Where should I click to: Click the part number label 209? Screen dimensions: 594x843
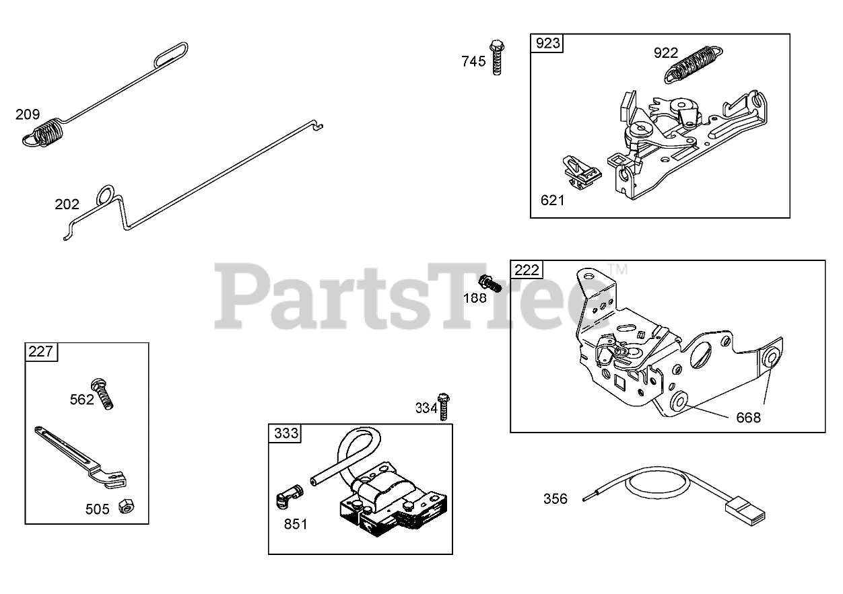28,114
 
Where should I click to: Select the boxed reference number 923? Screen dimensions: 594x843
547,44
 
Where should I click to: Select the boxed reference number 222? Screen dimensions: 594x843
527,270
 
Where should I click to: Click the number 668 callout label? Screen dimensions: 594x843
747,418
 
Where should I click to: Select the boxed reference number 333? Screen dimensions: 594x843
286,433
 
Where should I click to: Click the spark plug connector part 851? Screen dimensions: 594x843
288,499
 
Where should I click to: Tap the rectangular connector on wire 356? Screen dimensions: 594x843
746,512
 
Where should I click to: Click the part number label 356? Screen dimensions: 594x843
555,499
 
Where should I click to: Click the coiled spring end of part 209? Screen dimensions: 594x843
46,132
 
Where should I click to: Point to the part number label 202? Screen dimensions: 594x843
67,205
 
